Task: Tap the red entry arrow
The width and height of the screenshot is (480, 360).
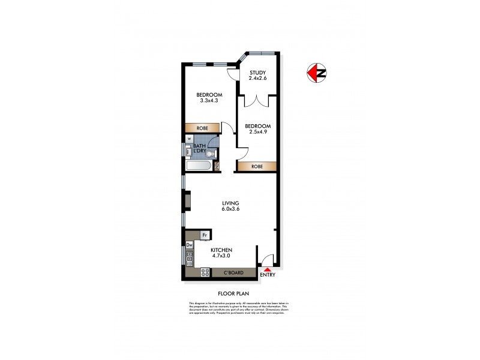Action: pyautogui.click(x=268, y=270)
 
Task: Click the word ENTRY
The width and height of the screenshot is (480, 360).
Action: pyautogui.click(x=268, y=275)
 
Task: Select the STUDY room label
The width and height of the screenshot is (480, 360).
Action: pyautogui.click(x=257, y=73)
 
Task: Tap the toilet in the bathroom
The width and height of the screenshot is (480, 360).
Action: pyautogui.click(x=209, y=153)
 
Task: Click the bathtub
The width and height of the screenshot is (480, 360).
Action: pyautogui.click(x=198, y=166)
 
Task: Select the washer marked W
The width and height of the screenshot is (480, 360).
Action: pyautogui.click(x=189, y=141)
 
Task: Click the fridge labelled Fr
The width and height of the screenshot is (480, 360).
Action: pyautogui.click(x=205, y=235)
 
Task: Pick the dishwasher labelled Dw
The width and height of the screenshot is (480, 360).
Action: pyautogui.click(x=189, y=245)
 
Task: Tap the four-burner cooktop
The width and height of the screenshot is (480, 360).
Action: pyautogui.click(x=204, y=272)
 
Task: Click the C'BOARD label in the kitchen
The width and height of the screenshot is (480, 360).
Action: pyautogui.click(x=233, y=273)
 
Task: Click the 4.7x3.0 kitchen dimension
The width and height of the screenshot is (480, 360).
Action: pyautogui.click(x=222, y=256)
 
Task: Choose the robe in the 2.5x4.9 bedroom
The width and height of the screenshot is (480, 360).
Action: pyautogui.click(x=257, y=166)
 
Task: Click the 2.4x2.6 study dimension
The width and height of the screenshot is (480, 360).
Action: pyautogui.click(x=258, y=79)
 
